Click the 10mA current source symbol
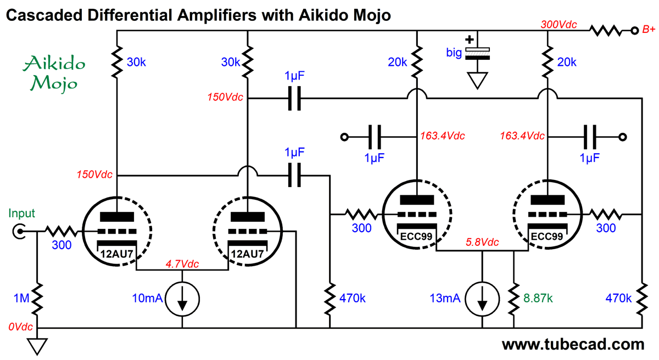coord(182,299)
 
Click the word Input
coord(21,214)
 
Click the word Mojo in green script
coord(54,83)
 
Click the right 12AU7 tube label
coord(247,254)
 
